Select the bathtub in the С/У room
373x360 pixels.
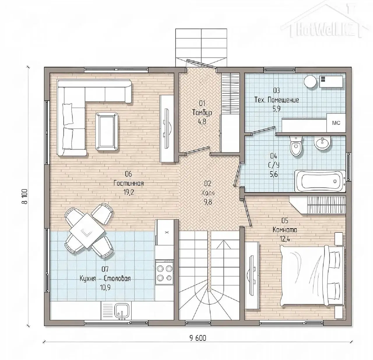click(x=320, y=180)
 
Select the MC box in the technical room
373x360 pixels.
click(x=336, y=123)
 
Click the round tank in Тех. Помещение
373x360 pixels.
click(x=310, y=81)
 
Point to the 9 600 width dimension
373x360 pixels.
click(x=198, y=338)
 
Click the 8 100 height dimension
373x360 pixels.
click(x=25, y=197)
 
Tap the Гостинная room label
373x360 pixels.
click(x=129, y=183)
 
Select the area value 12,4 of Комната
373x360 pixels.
click(x=285, y=239)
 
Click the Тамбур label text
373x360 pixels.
click(x=202, y=113)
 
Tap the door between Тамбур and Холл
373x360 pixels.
click(x=197, y=150)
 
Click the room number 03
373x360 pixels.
click(x=276, y=91)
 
